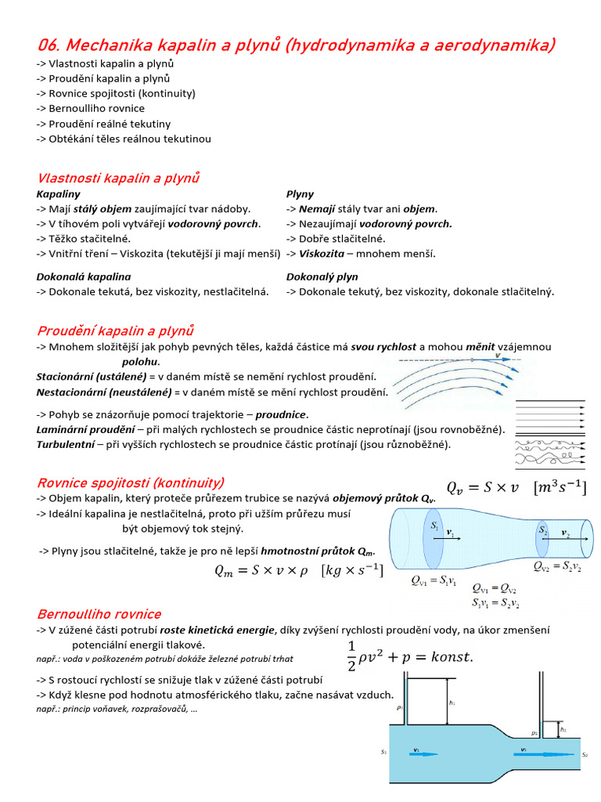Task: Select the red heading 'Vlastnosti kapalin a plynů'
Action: tap(118, 178)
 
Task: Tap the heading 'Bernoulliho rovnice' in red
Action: tap(99, 614)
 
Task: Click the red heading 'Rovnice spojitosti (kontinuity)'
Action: tap(131, 482)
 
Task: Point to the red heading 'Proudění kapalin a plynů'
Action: tap(115, 331)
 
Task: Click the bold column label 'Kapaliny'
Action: tap(59, 193)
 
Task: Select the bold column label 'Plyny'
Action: tap(300, 193)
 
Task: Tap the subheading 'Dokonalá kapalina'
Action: tap(84, 276)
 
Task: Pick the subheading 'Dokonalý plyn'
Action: tap(322, 276)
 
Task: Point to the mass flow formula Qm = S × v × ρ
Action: tap(299, 571)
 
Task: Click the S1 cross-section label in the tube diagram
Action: tap(434, 527)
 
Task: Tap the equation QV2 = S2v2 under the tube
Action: tap(556, 566)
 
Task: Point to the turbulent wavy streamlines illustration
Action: tap(549, 453)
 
